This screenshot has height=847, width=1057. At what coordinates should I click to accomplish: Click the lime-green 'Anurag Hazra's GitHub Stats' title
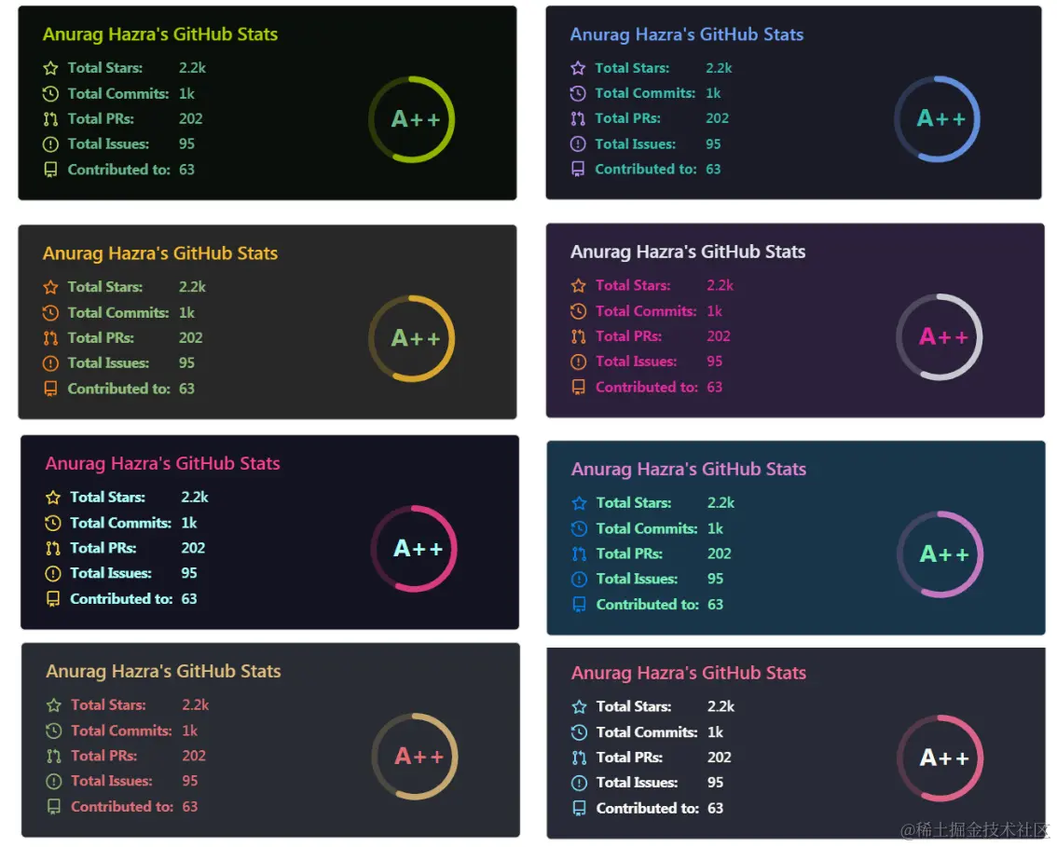160,34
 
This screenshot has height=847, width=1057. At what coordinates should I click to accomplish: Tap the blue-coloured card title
686,34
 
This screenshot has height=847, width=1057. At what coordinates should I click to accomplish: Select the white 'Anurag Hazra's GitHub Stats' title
688,252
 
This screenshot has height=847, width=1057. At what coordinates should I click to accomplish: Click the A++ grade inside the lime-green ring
416,119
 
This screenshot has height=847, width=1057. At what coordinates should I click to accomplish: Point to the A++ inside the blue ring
941,118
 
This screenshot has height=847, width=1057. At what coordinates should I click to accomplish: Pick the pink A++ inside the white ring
943,337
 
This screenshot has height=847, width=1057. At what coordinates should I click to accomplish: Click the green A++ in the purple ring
944,554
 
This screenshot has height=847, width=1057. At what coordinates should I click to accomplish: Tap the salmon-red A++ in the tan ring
419,757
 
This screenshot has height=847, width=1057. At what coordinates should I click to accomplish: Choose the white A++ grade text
944,758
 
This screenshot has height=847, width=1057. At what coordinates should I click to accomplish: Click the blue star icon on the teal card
579,503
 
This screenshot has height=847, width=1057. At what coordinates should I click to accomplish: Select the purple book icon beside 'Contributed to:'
578,170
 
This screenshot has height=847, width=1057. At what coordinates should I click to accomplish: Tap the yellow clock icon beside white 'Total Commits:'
53,524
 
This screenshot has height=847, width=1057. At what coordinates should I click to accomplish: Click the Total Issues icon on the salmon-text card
54,782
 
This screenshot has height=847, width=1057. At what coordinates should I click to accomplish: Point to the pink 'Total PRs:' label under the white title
628,336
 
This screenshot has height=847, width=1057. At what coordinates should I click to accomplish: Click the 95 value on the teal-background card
715,579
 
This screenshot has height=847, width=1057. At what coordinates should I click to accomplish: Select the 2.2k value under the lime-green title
192,68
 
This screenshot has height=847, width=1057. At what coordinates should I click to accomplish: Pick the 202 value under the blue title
717,118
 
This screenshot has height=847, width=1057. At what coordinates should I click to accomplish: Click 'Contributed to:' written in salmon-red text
121,807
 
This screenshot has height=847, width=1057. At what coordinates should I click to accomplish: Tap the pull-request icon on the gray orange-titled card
50,338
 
